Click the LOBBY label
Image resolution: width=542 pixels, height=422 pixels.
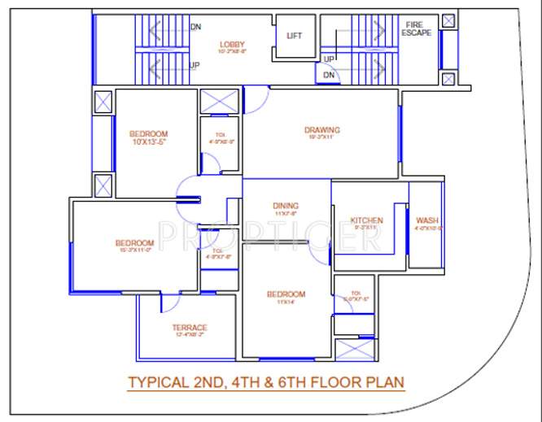click(x=232, y=44)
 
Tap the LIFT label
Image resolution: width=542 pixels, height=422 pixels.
click(x=295, y=36)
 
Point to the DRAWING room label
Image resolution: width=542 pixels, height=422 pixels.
click(x=321, y=130)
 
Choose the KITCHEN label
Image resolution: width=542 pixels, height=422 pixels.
click(x=366, y=220)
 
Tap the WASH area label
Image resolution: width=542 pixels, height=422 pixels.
click(x=426, y=220)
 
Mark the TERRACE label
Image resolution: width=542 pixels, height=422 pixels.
click(x=189, y=328)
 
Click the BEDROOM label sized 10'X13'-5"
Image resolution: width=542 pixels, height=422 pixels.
click(x=148, y=134)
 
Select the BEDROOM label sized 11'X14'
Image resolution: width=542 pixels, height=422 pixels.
click(x=286, y=294)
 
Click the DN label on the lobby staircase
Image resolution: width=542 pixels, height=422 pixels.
click(x=195, y=27)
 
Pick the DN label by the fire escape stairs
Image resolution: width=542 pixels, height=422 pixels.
click(x=328, y=75)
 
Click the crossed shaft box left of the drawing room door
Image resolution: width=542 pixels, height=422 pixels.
click(x=219, y=102)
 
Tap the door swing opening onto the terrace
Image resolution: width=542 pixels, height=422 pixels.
click(x=170, y=302)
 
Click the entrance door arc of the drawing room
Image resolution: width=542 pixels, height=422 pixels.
click(x=256, y=99)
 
